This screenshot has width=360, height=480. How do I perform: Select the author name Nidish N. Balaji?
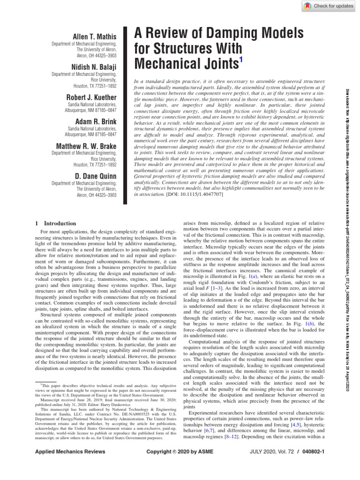coord(94,67)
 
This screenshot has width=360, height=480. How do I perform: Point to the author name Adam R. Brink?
coord(96,121)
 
